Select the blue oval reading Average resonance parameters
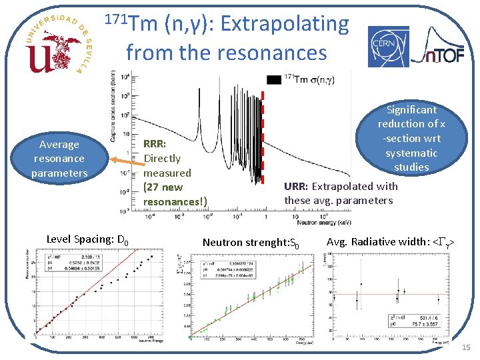point(59,159)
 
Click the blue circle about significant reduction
point(411,138)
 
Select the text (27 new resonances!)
point(175,194)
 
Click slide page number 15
point(465,347)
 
